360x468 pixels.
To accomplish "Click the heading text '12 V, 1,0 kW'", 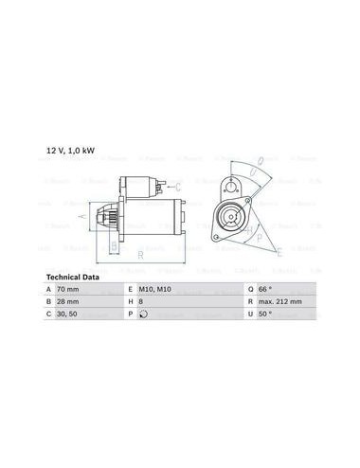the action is (70, 151).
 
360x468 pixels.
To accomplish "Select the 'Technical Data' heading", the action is (73, 278).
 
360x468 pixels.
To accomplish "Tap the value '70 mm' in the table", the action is (68, 289).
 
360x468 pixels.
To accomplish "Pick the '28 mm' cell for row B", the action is (68, 301).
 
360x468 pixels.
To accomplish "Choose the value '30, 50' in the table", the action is (67, 314).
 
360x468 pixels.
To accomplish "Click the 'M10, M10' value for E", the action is (154, 289).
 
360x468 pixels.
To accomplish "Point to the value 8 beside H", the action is (141, 301).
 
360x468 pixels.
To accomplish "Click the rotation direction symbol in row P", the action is (143, 314).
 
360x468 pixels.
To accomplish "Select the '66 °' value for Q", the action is (265, 289).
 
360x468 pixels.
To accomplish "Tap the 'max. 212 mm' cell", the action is (280, 301).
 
